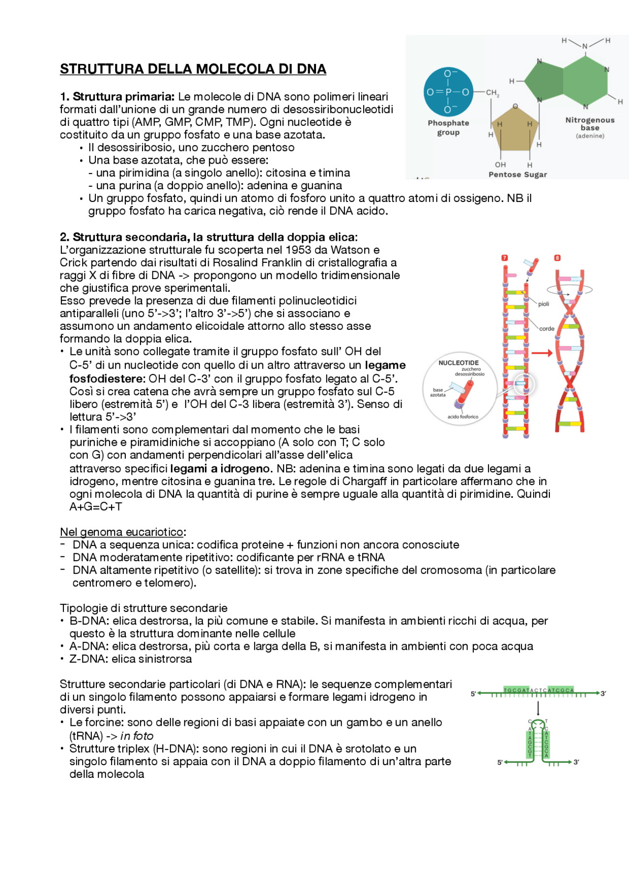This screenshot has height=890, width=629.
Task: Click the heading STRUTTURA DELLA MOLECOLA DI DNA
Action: [193, 69]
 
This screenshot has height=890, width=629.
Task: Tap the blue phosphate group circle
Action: [448, 92]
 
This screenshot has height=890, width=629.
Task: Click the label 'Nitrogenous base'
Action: [590, 124]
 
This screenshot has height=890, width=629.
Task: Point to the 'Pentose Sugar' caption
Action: [517, 174]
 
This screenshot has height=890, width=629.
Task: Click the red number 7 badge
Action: [504, 258]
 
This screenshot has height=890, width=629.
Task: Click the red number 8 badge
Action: [557, 258]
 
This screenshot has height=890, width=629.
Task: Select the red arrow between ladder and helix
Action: [542, 353]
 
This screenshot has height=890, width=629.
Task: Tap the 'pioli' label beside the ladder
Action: [543, 304]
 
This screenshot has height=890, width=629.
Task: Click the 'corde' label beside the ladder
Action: [546, 329]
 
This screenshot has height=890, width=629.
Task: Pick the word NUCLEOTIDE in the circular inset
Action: [458, 363]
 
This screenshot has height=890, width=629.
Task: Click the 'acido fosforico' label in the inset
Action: [462, 417]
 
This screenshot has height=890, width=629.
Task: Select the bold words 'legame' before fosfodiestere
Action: [385, 365]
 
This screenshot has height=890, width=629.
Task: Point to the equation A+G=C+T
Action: [96, 507]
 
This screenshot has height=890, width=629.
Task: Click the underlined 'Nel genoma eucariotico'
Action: [122, 532]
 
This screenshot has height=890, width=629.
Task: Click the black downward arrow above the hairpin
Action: [538, 709]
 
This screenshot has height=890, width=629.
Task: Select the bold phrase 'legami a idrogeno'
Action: [221, 469]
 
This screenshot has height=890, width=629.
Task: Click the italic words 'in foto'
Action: [137, 736]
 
